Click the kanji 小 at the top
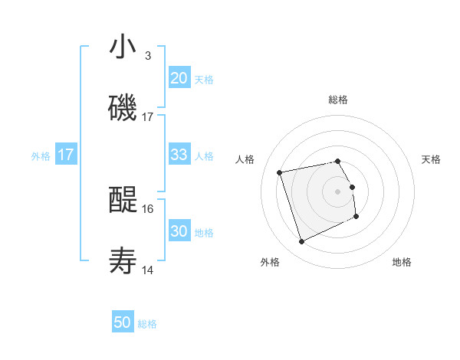123,47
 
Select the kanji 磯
123,107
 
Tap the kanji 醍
123,201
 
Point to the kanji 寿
123,260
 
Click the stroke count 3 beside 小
148,56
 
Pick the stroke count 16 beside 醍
148,208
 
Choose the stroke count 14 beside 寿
148,270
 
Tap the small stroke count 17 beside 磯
148,116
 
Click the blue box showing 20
179,78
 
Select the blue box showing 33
179,155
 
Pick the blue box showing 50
123,322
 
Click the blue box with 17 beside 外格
66,155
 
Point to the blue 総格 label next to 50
147,324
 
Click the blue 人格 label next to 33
204,155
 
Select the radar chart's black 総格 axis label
338,100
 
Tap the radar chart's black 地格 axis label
402,263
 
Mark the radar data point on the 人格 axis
280,172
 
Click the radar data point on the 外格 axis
301,242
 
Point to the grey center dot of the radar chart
338,191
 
